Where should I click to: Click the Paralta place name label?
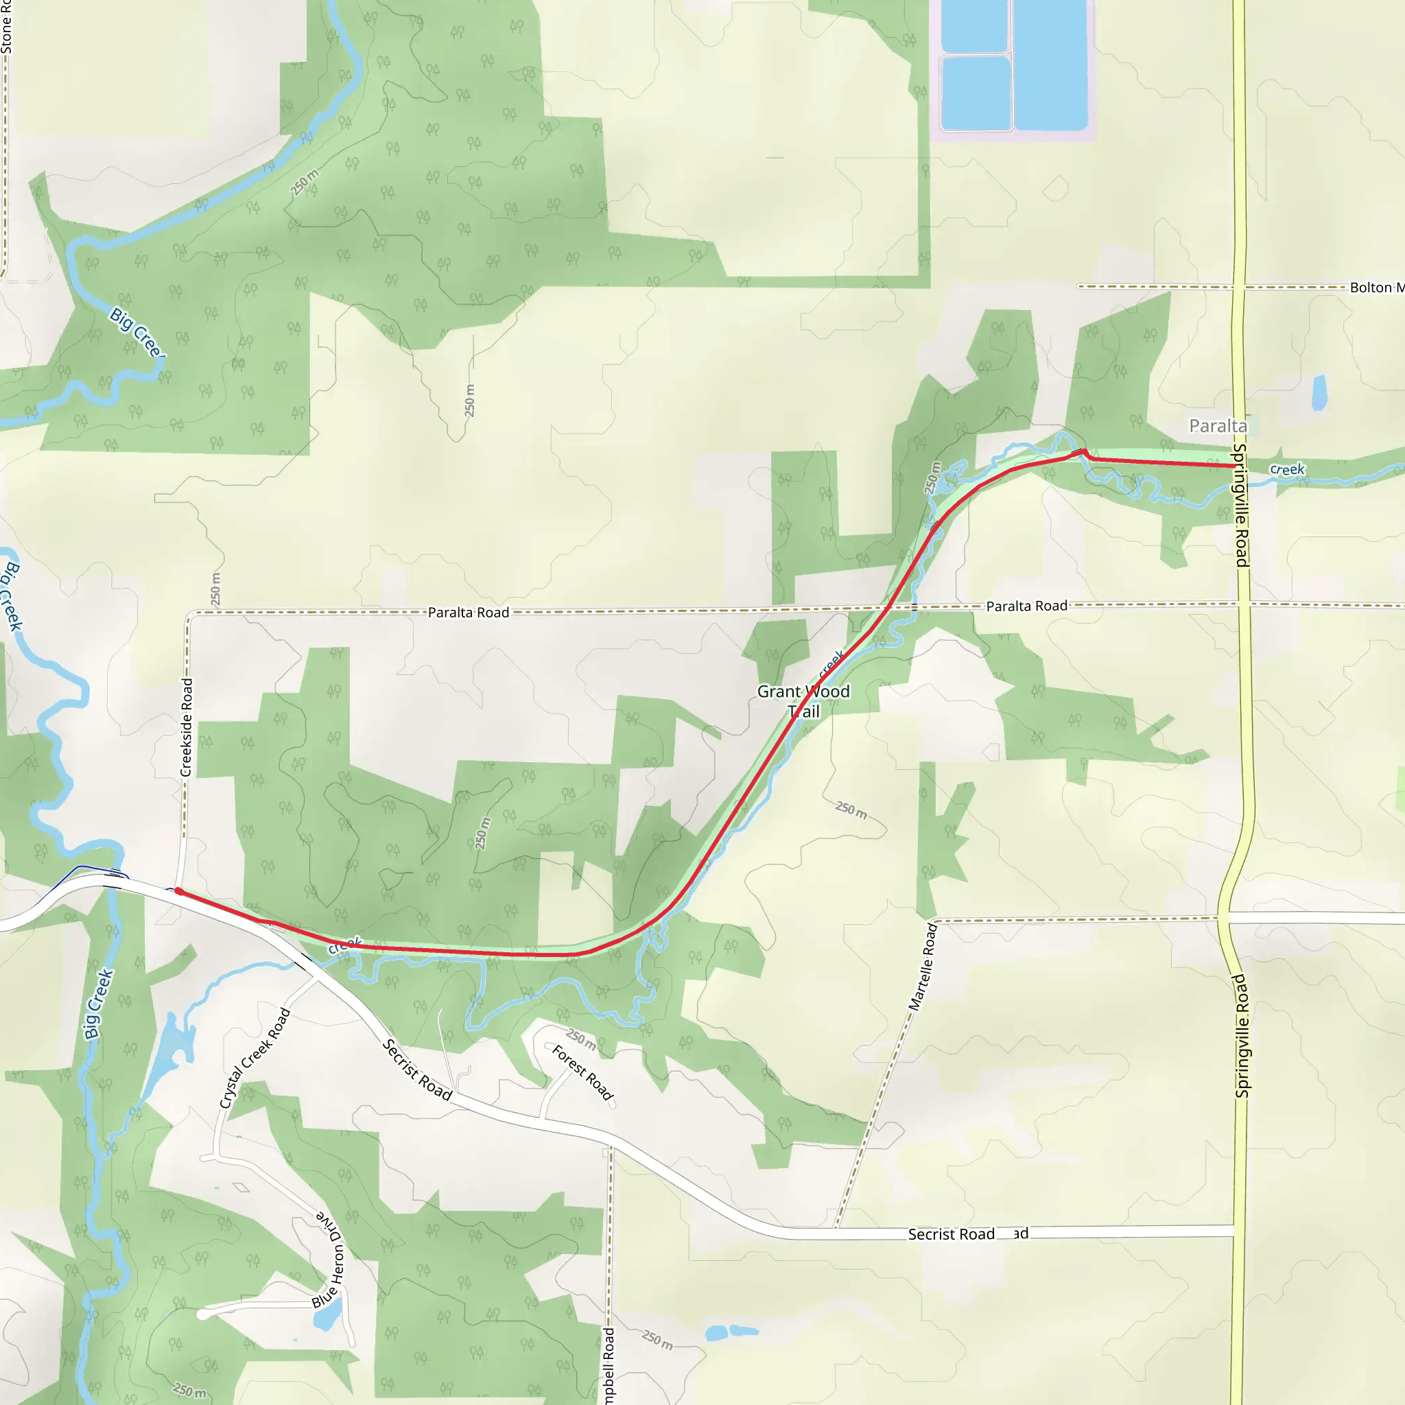click(1218, 425)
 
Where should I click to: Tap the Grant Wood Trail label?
click(803, 701)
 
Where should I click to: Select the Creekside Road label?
click(186, 727)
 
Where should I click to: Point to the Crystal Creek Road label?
click(255, 1059)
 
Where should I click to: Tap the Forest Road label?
click(582, 1073)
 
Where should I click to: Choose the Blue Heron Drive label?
click(329, 1260)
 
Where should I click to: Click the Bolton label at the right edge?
click(1376, 287)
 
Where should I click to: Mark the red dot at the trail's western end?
click(178, 892)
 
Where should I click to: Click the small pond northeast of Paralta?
click(1319, 392)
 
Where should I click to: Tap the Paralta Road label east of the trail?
click(1026, 606)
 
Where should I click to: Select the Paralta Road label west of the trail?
click(469, 613)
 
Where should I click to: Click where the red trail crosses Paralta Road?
click(888, 606)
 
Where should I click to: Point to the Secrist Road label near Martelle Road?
click(952, 1234)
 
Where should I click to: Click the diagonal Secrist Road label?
click(417, 1070)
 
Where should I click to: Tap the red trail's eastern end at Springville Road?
click(1235, 466)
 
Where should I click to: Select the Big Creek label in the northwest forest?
click(136, 332)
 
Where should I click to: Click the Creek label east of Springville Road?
click(1286, 470)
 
